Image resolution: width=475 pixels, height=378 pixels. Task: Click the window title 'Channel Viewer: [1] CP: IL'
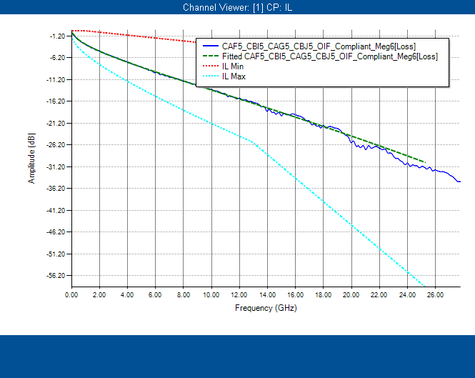coord(237,8)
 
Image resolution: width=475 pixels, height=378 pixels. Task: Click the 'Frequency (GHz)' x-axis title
coord(265,308)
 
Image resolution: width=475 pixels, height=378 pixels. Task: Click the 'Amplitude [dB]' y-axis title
coord(31,160)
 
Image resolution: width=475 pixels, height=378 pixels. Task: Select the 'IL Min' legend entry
coord(234,66)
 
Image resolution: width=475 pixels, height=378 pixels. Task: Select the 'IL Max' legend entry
coord(235,76)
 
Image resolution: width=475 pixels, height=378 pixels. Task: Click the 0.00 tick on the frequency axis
coord(71,294)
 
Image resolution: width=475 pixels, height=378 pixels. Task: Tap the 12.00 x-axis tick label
coord(239,294)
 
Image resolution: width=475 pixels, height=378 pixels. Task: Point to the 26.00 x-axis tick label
coord(435,294)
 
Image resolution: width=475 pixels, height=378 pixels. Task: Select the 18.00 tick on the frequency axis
coord(323,294)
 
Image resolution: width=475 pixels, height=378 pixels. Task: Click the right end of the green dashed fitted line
coord(424,162)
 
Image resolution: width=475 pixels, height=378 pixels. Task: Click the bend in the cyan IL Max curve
coord(254,142)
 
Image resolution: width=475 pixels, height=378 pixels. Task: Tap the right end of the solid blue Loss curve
coord(459,181)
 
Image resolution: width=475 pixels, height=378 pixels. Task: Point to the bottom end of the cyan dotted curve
coord(424,285)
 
